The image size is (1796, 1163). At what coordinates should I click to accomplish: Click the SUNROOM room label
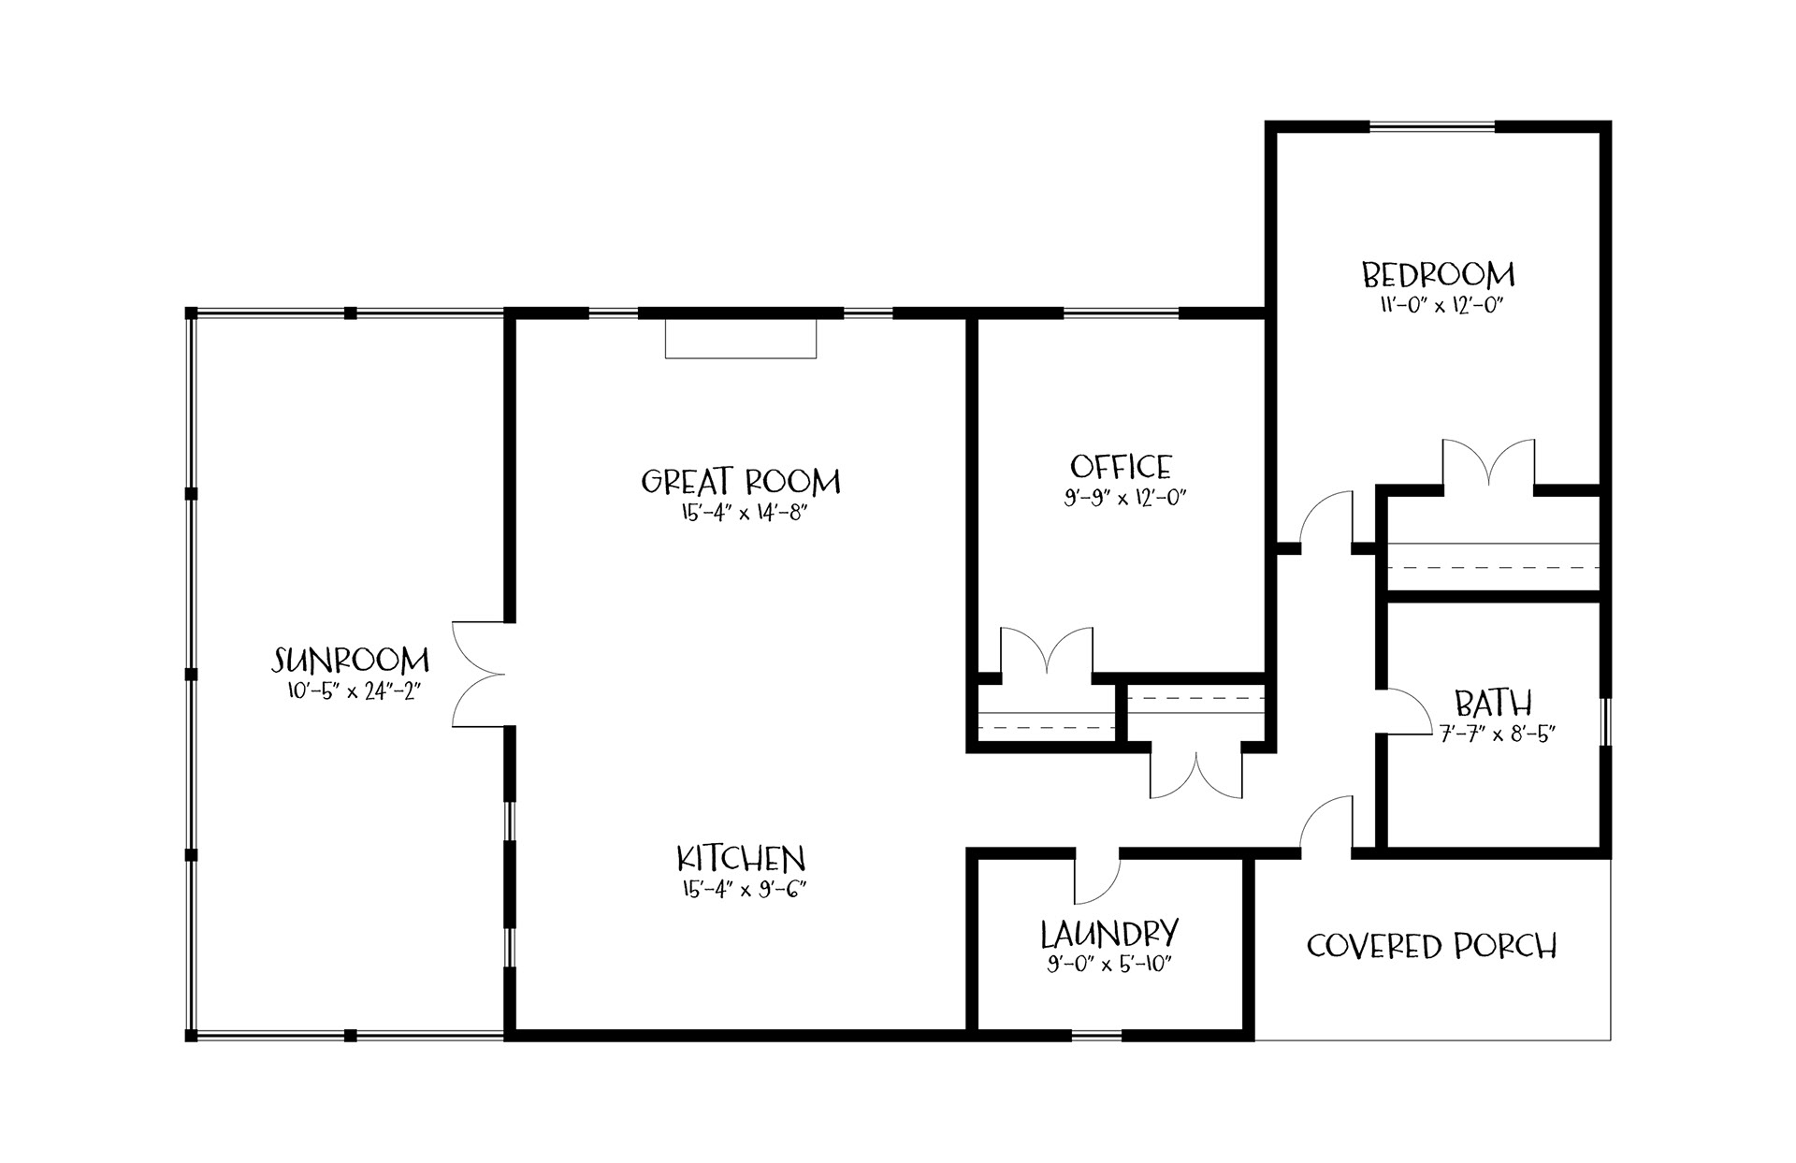click(x=351, y=661)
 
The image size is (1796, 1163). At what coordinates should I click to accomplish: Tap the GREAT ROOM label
click(x=741, y=482)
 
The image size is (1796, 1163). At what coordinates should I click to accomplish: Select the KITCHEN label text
click(x=741, y=858)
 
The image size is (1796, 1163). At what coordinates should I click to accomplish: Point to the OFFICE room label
click(x=1121, y=466)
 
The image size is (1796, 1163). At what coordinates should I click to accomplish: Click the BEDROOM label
click(x=1438, y=275)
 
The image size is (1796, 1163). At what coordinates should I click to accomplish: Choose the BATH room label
click(x=1493, y=703)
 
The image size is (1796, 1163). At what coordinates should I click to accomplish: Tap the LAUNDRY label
click(x=1109, y=934)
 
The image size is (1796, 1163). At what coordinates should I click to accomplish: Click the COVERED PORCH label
click(x=1432, y=946)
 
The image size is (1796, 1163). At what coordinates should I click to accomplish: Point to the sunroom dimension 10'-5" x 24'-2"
click(x=351, y=691)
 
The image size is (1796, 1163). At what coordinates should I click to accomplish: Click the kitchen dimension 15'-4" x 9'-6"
click(x=741, y=889)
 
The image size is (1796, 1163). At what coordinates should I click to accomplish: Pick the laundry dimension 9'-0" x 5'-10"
click(x=1109, y=964)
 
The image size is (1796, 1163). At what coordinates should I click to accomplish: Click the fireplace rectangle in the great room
click(x=741, y=339)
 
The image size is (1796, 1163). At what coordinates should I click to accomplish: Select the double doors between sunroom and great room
click(x=479, y=674)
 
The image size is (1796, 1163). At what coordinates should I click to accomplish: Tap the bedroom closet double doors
click(x=1488, y=463)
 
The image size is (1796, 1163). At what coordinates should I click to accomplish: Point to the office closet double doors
click(x=1047, y=651)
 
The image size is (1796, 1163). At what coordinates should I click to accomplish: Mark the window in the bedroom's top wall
click(x=1432, y=126)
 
